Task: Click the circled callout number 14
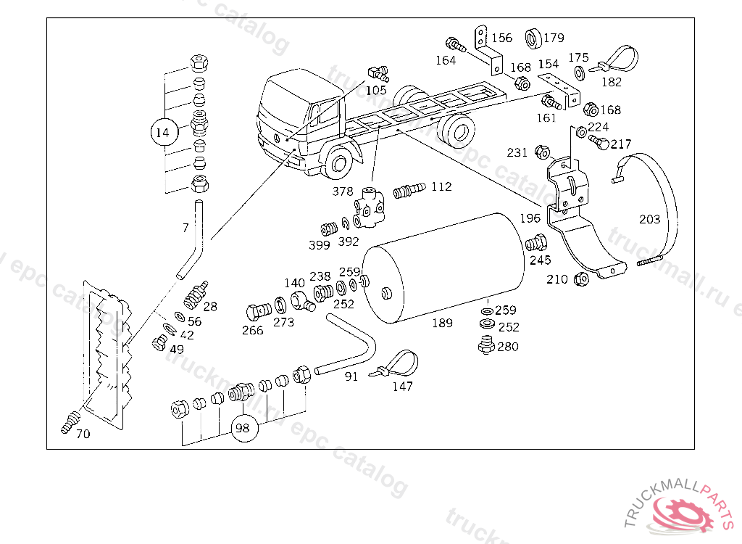(x=163, y=133)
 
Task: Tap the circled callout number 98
(x=243, y=428)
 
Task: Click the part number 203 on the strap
(x=649, y=219)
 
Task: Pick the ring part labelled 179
(x=533, y=37)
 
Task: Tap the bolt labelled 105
(x=378, y=73)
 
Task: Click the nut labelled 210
(x=579, y=279)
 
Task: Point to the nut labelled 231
(x=541, y=152)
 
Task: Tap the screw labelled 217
(x=599, y=141)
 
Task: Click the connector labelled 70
(x=70, y=421)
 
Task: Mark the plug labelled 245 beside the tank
(x=535, y=243)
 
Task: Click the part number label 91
(x=351, y=377)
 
